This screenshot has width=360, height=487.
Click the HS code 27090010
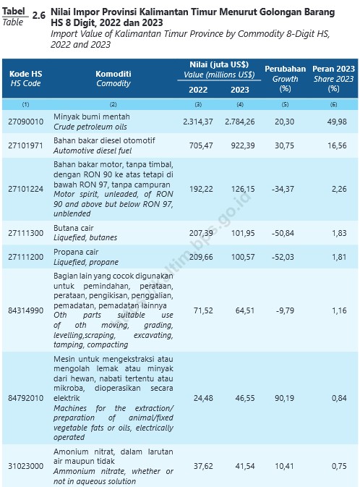pos(26,122)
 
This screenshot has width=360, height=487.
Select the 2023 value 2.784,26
pos(240,122)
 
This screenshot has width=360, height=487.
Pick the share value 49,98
pos(337,122)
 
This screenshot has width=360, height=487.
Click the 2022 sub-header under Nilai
pos(198,90)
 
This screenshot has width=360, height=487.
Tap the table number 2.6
pos(39,15)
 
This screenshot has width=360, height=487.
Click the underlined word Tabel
pos(14,12)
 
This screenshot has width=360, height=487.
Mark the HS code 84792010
pos(26,398)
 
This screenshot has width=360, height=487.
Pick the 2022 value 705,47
pos(201,145)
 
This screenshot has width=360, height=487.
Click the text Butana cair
pos(73,228)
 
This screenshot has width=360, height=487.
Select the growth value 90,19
pos(284,398)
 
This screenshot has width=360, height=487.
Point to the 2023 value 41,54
pos(245,466)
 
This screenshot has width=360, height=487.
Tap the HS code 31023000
pos(26,466)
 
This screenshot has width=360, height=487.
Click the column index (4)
pos(240,105)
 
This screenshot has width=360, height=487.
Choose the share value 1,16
pos(339,310)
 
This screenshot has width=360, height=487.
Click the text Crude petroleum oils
pos(90,127)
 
